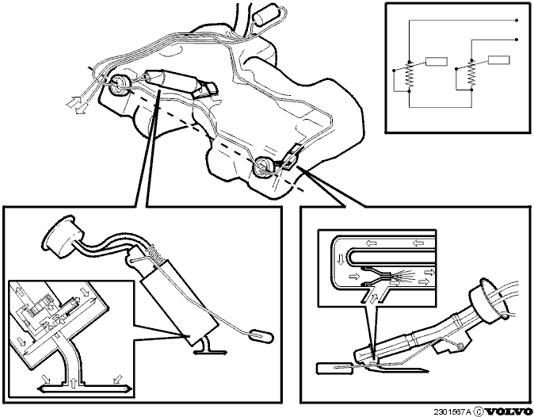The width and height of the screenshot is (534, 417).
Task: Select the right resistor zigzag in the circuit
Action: [471, 75]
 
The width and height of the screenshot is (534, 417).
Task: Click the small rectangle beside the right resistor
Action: [499, 60]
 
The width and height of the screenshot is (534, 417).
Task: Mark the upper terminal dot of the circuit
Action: [517, 21]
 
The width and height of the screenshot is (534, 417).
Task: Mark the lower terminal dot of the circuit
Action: [517, 40]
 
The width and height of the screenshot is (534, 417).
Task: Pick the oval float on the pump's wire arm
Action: [261, 335]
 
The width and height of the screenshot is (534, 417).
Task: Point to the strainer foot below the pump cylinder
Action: [210, 352]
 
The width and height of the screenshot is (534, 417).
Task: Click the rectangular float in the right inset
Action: [327, 369]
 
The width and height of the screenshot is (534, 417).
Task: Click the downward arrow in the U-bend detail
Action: [341, 260]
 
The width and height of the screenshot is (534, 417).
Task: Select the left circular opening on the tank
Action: [118, 84]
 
